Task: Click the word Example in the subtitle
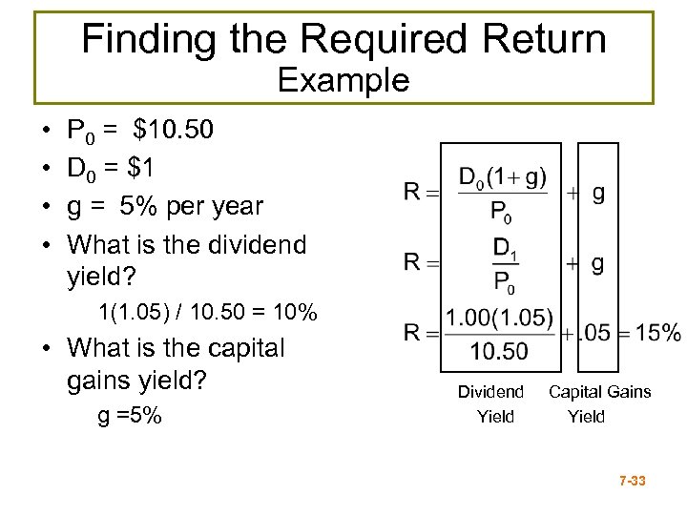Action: tap(343, 80)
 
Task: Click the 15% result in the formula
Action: tap(658, 333)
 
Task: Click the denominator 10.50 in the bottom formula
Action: tap(498, 353)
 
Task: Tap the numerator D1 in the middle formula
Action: tap(502, 248)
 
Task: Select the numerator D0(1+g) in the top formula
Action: tap(502, 177)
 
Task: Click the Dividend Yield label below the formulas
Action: tap(491, 403)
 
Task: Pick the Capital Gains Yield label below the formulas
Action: tap(599, 403)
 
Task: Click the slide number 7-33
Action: tap(632, 482)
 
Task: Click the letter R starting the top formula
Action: tap(412, 193)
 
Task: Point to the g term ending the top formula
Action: tap(598, 193)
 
